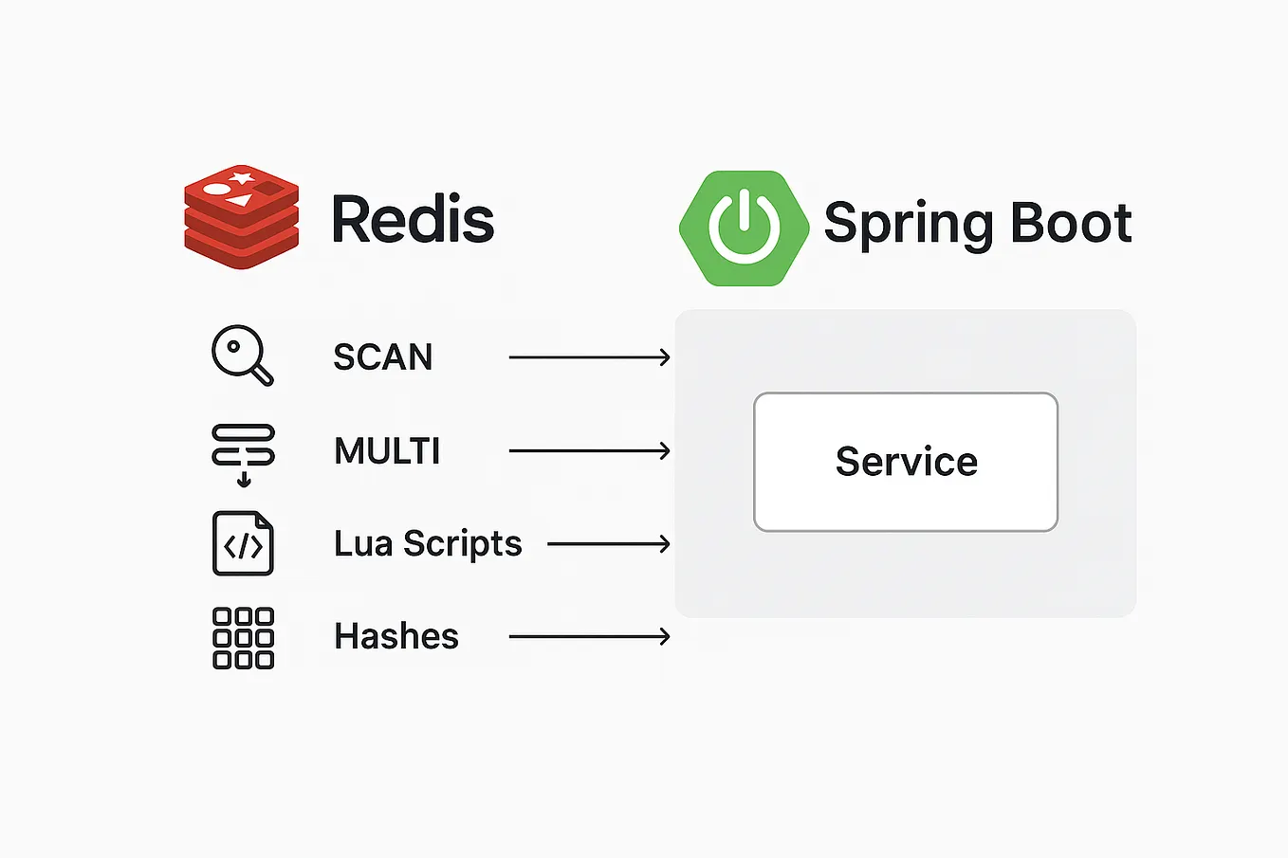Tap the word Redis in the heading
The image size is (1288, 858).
(x=413, y=220)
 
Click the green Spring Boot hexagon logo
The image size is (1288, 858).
(x=744, y=228)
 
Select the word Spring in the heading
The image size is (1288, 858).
(x=909, y=226)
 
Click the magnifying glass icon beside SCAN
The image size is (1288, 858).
(x=242, y=356)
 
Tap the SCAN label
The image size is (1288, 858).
(x=383, y=357)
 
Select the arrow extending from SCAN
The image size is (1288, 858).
(x=589, y=357)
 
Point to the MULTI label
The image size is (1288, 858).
(x=387, y=451)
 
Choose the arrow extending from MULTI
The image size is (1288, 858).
(x=589, y=451)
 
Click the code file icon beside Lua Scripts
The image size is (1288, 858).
(x=243, y=543)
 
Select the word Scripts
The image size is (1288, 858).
(x=463, y=544)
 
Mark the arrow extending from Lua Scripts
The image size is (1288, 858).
(x=609, y=544)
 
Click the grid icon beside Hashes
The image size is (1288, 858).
(x=243, y=638)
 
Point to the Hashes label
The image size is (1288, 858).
(x=396, y=636)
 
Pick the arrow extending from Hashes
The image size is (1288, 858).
(x=589, y=637)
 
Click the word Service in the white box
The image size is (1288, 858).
(x=906, y=462)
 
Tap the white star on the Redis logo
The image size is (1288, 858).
(x=243, y=177)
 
